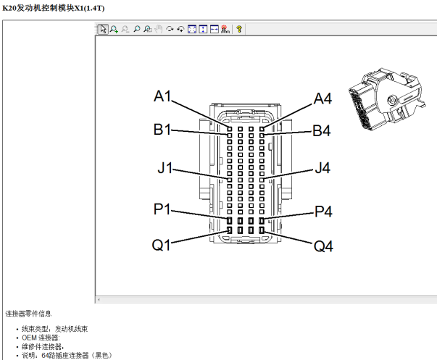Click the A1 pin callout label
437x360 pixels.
162,96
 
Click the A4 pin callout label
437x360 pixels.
322,99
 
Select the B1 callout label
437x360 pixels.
162,130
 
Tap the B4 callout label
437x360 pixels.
322,130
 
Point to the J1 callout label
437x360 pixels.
165,168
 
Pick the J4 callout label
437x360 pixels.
322,168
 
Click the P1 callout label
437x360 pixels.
162,209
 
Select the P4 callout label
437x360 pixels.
323,212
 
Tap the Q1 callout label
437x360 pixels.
161,246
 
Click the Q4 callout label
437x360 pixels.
323,246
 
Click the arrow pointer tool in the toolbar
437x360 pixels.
103,29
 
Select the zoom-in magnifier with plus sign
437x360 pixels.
114,29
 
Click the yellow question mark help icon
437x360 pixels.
239,29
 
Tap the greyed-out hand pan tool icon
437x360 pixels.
158,29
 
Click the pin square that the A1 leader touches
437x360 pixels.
229,129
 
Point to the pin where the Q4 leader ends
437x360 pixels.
262,230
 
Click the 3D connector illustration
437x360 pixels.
387,99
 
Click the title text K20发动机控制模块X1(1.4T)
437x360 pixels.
53,8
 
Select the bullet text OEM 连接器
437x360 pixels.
41,338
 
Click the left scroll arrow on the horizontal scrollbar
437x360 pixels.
99,300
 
